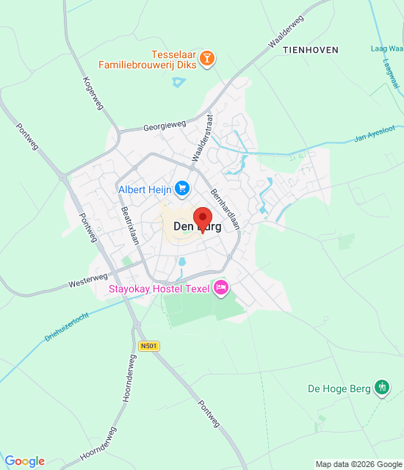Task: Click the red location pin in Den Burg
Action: click(x=202, y=219)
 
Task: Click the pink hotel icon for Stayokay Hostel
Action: click(x=220, y=288)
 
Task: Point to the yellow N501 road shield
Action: click(x=148, y=346)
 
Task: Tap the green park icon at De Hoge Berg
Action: click(x=381, y=387)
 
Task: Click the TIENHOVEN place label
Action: click(x=311, y=50)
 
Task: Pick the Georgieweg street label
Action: click(x=165, y=126)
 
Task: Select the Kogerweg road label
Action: click(x=93, y=94)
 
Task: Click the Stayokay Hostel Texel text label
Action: click(x=159, y=289)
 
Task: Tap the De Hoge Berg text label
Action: click(x=339, y=388)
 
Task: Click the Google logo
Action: click(x=24, y=461)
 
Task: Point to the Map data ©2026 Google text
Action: click(x=358, y=464)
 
